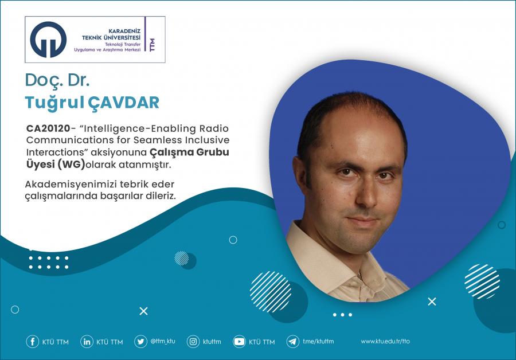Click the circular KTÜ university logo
(48, 40)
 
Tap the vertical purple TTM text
(152, 45)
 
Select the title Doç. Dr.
(57, 80)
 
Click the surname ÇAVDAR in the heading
(123, 103)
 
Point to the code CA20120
(48, 128)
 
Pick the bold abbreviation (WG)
(71, 164)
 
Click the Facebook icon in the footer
(32, 342)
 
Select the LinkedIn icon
(87, 342)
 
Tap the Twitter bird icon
(140, 342)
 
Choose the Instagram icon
(193, 342)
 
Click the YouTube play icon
(239, 342)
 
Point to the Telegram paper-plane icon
(292, 342)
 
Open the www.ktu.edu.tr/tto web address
(385, 341)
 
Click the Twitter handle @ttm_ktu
(163, 341)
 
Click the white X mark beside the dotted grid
(143, 311)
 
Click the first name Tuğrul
(54, 103)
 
